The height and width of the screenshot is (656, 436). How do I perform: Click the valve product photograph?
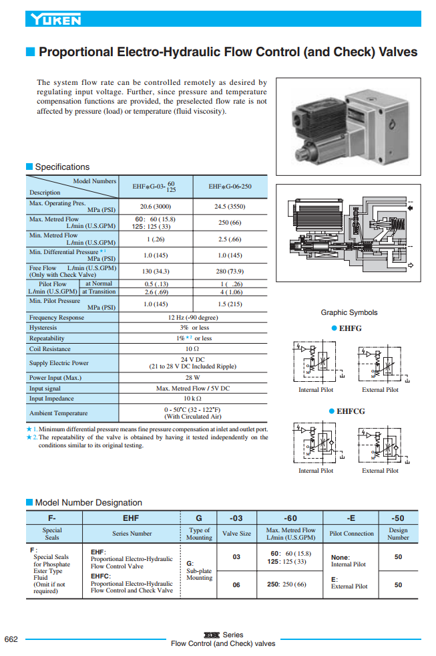pos(348,127)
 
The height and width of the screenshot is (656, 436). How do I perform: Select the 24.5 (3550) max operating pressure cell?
pos(230,207)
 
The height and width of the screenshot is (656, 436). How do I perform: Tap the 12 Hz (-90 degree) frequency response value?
pos(193,318)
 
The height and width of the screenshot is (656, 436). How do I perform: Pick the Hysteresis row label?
pos(43,328)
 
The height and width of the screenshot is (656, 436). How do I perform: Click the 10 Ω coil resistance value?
pos(193,349)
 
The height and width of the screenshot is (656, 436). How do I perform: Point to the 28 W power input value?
pos(193,378)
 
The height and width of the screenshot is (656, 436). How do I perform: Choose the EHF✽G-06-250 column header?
pos(230,187)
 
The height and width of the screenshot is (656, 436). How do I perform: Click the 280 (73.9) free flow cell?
pos(230,271)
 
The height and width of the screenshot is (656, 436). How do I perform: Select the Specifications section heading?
pos(61,167)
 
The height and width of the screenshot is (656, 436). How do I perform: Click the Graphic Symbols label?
pos(349,312)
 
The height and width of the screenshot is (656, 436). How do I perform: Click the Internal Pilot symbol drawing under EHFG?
pos(316,363)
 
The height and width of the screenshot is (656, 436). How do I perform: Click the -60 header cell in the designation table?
pos(290,518)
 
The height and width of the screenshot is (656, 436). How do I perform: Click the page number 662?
pos(11,640)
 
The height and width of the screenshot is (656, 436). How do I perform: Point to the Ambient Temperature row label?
pos(58,413)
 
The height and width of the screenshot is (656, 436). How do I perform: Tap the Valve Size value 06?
pos(236,584)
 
